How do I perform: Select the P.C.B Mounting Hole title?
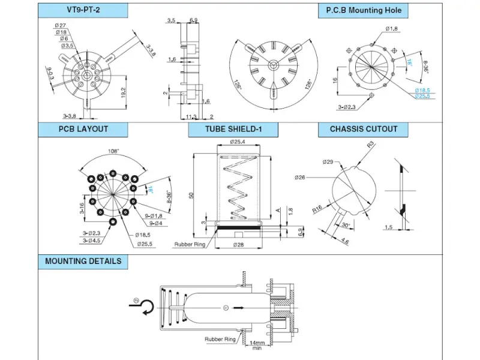364,10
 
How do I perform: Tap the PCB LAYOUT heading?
83,129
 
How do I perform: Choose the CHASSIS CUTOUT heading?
364,129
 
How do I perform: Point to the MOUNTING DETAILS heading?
83,261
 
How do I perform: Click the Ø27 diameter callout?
60,25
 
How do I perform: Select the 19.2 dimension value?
122,93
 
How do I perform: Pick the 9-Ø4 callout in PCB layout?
152,223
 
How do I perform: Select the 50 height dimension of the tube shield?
190,196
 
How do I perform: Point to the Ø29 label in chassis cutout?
328,162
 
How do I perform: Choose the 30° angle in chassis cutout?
347,226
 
